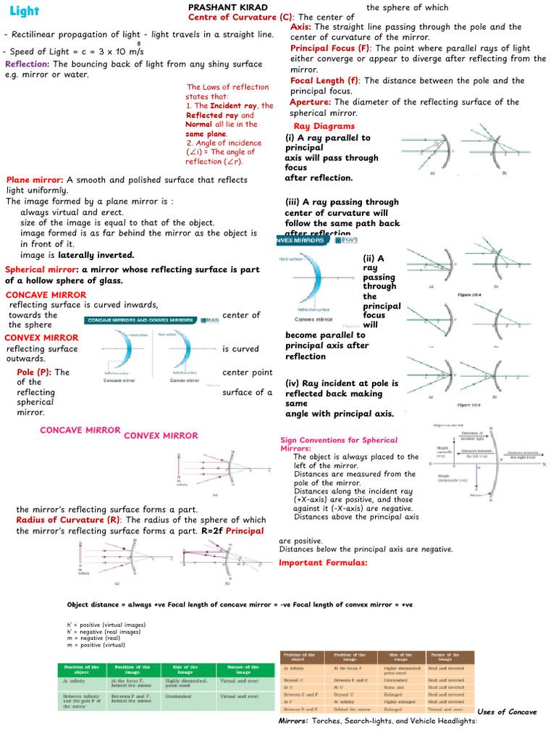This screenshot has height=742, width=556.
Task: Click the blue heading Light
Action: pyautogui.click(x=25, y=12)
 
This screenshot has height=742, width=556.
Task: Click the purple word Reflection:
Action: pyautogui.click(x=28, y=64)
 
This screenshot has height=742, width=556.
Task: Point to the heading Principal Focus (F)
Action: pyautogui.click(x=329, y=48)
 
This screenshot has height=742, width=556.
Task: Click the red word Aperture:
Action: pyautogui.click(x=310, y=102)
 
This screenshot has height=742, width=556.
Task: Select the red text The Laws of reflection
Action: pyautogui.click(x=227, y=87)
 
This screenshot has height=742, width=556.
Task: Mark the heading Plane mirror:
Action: pyautogui.click(x=35, y=180)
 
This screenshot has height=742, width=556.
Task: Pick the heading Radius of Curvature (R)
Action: pyautogui.click(x=68, y=520)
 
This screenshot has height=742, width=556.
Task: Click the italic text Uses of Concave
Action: pyautogui.click(x=507, y=712)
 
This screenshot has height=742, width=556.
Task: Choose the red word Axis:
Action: pyautogui.click(x=301, y=27)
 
